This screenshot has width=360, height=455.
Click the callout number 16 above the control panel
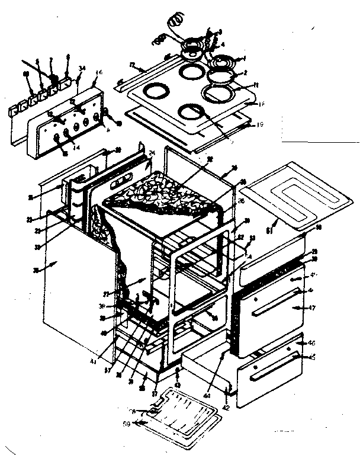pyautogui.click(x=98, y=72)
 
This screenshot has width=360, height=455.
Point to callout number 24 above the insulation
pyautogui.click(x=152, y=153)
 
